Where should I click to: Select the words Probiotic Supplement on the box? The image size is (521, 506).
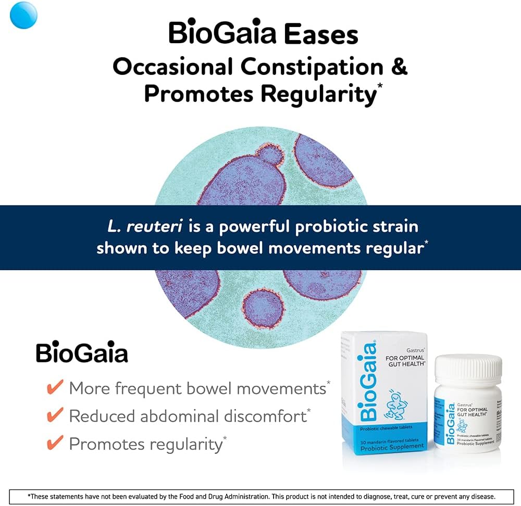392,447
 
